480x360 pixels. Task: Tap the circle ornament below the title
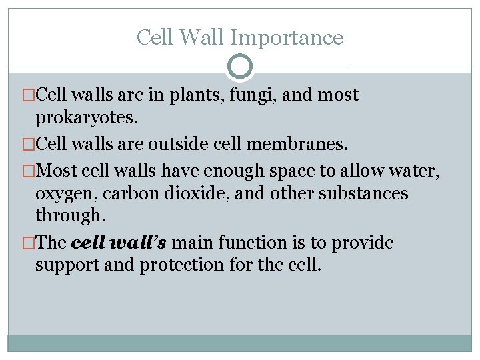pos(240,67)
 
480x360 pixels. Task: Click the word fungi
pos(253,95)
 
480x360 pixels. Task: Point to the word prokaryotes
pos(87,118)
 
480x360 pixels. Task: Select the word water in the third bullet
pos(413,170)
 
